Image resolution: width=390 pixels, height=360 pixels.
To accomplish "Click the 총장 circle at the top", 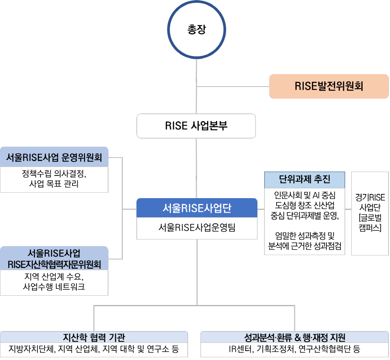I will pyautogui.click(x=197, y=30).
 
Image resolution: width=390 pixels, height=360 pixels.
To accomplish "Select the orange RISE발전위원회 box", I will pyautogui.click(x=329, y=86).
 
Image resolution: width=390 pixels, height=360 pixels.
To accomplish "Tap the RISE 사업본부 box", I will pyautogui.click(x=196, y=126).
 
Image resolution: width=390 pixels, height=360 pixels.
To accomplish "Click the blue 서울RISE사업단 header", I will pyautogui.click(x=197, y=208).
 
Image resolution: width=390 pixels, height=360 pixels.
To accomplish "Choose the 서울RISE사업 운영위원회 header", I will pyautogui.click(x=54, y=157).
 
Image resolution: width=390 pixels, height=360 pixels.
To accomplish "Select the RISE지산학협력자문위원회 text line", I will pyautogui.click(x=54, y=264).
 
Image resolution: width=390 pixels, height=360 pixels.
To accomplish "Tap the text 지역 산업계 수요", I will pyautogui.click(x=54, y=277).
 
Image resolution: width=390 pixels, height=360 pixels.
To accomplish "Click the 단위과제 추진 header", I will pyautogui.click(x=305, y=179).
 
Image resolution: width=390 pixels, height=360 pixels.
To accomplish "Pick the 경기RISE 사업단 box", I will pyautogui.click(x=370, y=213).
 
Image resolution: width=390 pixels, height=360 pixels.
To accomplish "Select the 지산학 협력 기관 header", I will pyautogui.click(x=94, y=337).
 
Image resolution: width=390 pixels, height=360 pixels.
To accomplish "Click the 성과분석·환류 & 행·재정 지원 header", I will pyautogui.click(x=294, y=337).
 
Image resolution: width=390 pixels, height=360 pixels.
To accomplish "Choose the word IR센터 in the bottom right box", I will pyautogui.click(x=241, y=349).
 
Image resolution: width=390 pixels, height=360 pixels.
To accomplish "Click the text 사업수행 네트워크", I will pyautogui.click(x=54, y=287).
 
